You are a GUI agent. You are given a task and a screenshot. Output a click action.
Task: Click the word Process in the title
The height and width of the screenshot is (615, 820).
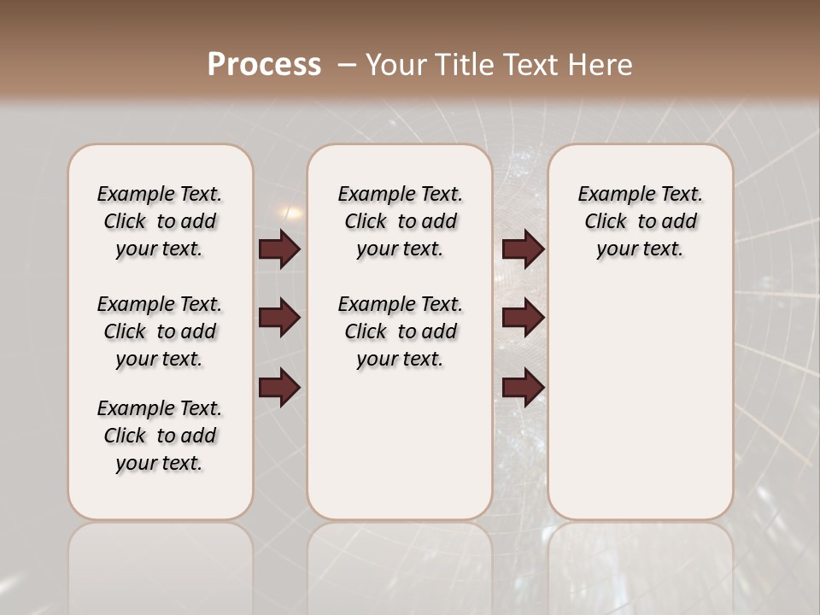pos(264,64)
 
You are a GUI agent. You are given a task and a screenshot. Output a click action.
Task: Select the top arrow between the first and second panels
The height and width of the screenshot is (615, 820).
pos(279,249)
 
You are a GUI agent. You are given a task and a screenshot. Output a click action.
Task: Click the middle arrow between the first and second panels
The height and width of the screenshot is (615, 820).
pos(279,319)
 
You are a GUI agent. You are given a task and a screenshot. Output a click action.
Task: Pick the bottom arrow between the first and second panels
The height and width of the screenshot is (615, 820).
pos(279,388)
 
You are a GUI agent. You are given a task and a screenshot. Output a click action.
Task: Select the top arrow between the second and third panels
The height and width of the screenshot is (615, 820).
pos(523,249)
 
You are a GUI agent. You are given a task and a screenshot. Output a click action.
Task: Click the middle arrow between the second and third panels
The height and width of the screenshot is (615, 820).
pos(523,319)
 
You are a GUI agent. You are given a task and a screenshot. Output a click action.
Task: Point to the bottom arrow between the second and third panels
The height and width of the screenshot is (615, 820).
pos(523,388)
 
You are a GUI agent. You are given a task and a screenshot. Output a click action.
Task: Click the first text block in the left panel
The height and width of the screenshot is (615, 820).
pos(160,221)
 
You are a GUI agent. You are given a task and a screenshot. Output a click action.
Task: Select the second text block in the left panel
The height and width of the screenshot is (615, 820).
pos(160,331)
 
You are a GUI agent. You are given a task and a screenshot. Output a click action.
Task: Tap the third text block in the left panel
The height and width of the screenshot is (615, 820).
pos(160,436)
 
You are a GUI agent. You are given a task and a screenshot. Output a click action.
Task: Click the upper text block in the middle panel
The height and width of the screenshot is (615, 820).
pos(400,221)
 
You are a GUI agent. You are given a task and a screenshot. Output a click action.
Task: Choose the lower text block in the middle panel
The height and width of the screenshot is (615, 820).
pos(400,331)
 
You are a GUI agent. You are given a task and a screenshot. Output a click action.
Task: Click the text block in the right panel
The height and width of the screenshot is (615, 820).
pos(640,221)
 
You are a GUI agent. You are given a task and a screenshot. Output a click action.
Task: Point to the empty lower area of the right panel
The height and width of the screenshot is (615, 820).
pos(640,401)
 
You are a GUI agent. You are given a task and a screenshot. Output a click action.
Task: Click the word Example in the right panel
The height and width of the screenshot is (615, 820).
pos(608,195)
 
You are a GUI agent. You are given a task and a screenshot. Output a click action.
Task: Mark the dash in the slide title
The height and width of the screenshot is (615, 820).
pos(347,64)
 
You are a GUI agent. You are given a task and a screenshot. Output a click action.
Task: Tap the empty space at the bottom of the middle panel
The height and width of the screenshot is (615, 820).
pos(400,453)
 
